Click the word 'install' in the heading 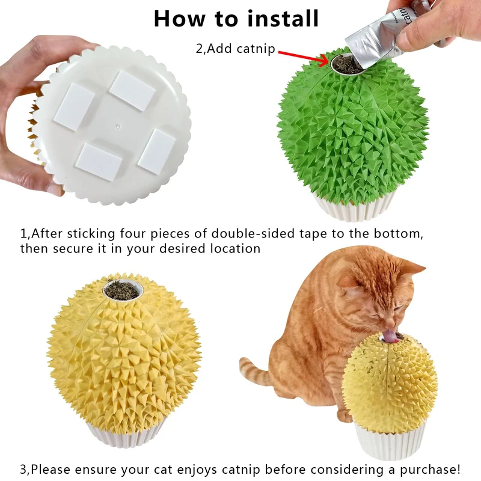pyautogui.click(x=283, y=19)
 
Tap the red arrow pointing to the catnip pyautogui.click(x=303, y=58)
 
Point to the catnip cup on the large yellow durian pyautogui.click(x=123, y=290)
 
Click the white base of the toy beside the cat pyautogui.click(x=388, y=441)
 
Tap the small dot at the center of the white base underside pyautogui.click(x=118, y=126)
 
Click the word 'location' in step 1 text pyautogui.click(x=235, y=248)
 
